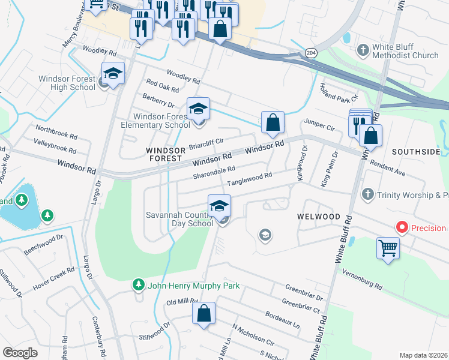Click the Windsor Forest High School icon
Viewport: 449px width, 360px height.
coord(113,73)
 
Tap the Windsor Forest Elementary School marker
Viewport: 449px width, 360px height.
coord(198,109)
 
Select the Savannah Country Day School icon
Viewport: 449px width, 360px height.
coord(219,206)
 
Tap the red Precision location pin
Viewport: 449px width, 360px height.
coord(402,228)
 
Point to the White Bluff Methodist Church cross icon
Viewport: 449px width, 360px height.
coord(363,50)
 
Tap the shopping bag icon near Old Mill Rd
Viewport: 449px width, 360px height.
coord(203,313)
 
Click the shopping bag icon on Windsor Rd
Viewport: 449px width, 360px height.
coord(273,123)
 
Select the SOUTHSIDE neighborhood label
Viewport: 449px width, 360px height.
coord(416,152)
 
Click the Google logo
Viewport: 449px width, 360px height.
coord(20,353)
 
